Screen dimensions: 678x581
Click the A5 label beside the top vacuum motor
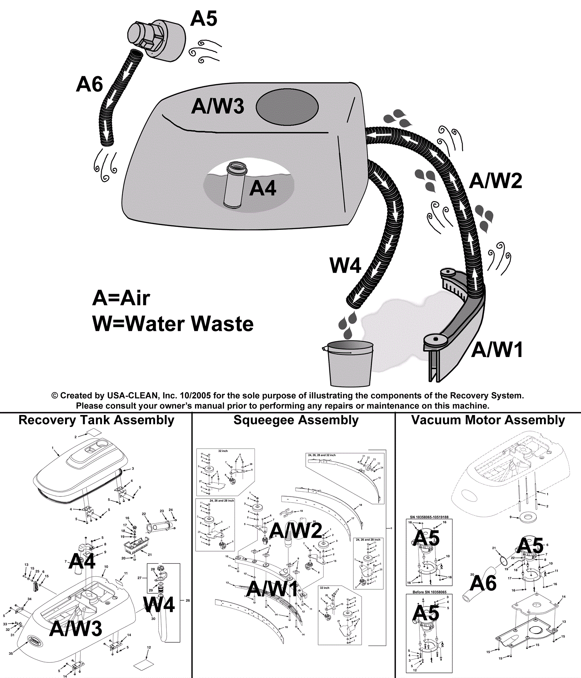point(204,19)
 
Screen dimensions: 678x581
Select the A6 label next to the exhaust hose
point(89,85)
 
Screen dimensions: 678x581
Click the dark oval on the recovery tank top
point(287,107)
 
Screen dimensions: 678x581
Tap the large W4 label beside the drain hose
point(345,265)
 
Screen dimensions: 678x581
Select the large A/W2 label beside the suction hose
point(496,181)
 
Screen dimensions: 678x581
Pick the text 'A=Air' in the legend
point(121,298)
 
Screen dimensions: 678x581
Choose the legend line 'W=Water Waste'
point(173,324)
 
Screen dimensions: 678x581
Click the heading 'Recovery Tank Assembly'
point(96,420)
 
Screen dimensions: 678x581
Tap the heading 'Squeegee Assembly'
point(296,420)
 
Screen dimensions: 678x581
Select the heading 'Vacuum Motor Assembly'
point(488,420)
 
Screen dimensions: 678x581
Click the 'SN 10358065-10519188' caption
point(429,517)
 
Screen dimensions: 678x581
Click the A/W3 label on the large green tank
point(218,106)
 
